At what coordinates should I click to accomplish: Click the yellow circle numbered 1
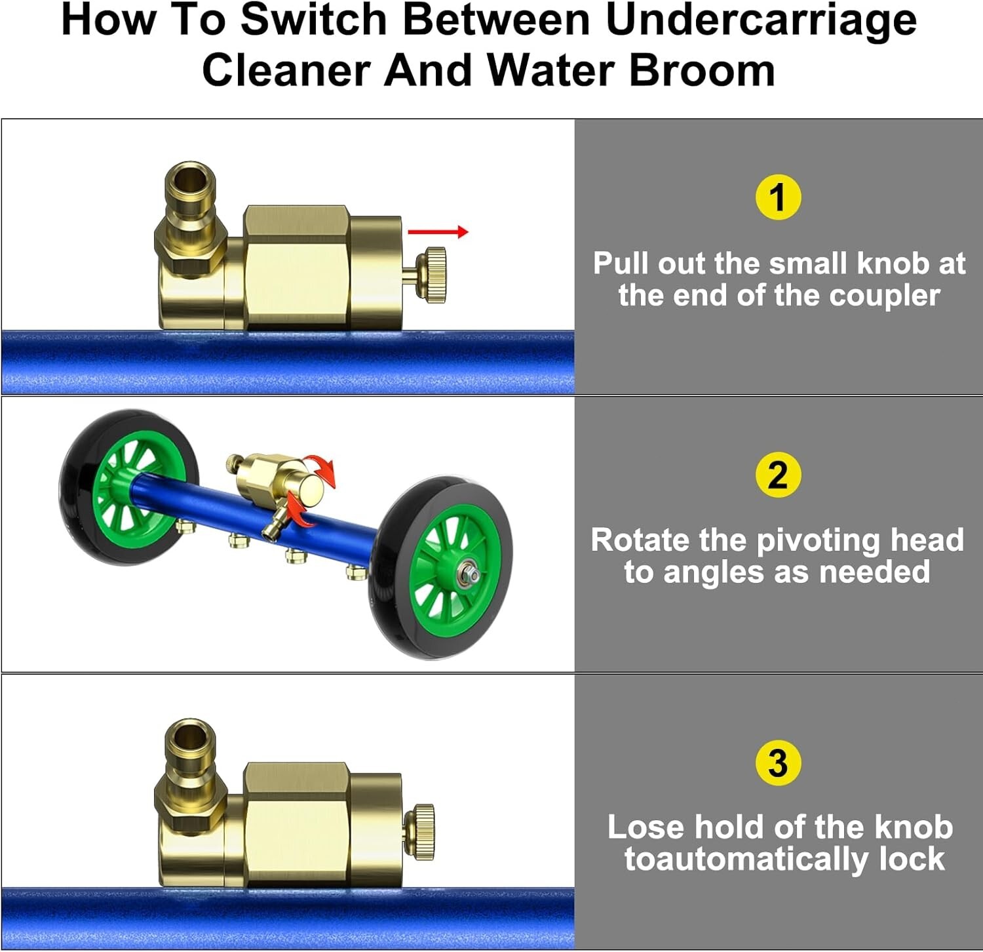(778, 197)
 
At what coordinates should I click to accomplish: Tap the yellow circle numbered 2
(778, 475)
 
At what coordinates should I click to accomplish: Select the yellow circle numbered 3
(778, 763)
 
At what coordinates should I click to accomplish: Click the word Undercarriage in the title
(761, 20)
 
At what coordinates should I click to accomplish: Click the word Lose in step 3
(646, 827)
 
